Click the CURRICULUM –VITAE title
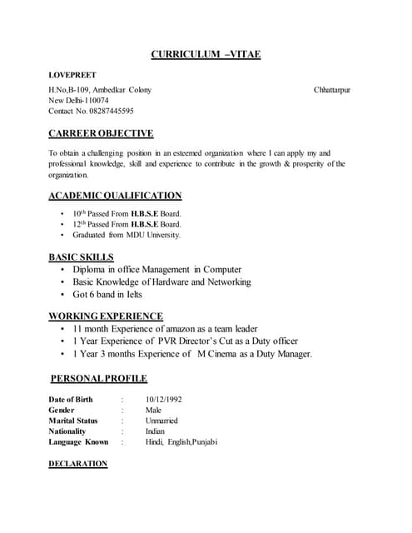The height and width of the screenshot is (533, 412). [x=206, y=54]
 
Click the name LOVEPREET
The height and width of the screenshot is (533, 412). [x=72, y=75]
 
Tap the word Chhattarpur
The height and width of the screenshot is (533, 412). [x=332, y=89]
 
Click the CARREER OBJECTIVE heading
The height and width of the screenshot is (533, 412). [x=101, y=133]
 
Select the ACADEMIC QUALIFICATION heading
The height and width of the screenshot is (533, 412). [x=115, y=196]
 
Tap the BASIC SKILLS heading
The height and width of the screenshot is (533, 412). [x=81, y=257]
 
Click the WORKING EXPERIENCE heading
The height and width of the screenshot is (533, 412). [x=106, y=316]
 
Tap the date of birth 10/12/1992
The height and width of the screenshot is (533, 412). [x=163, y=400]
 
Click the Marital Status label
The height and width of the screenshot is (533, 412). [x=73, y=421]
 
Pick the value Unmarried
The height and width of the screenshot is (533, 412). [x=161, y=421]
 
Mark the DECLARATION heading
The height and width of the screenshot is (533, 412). [x=78, y=463]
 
